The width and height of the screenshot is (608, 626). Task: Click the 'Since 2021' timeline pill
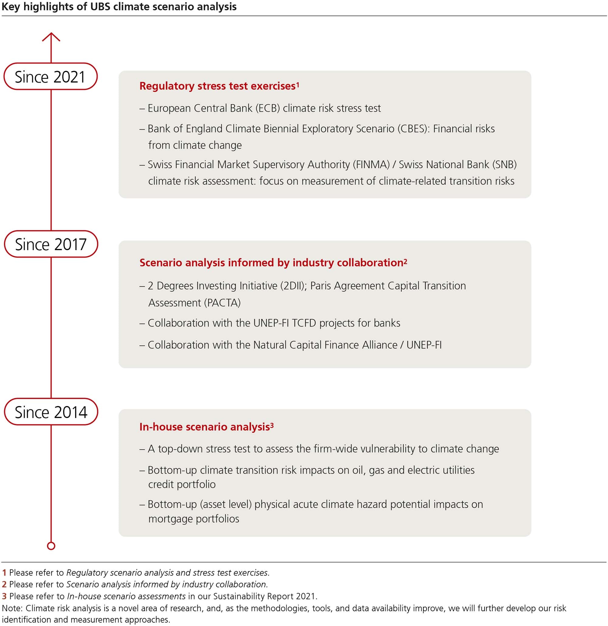(x=50, y=77)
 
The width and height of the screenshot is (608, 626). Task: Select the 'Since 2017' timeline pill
(x=51, y=244)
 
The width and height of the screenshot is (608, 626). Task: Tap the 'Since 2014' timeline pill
(x=51, y=412)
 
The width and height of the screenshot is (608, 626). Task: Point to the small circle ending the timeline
(x=51, y=546)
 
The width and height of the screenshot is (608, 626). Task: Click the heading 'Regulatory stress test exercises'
(x=217, y=86)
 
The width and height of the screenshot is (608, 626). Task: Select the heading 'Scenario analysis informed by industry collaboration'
(x=271, y=263)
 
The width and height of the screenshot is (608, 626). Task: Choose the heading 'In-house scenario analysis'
(x=205, y=427)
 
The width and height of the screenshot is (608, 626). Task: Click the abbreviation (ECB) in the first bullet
(x=268, y=108)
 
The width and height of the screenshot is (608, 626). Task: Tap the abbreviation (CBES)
(x=413, y=129)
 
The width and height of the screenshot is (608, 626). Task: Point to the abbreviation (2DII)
(x=293, y=286)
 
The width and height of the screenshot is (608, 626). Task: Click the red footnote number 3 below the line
(x=4, y=596)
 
